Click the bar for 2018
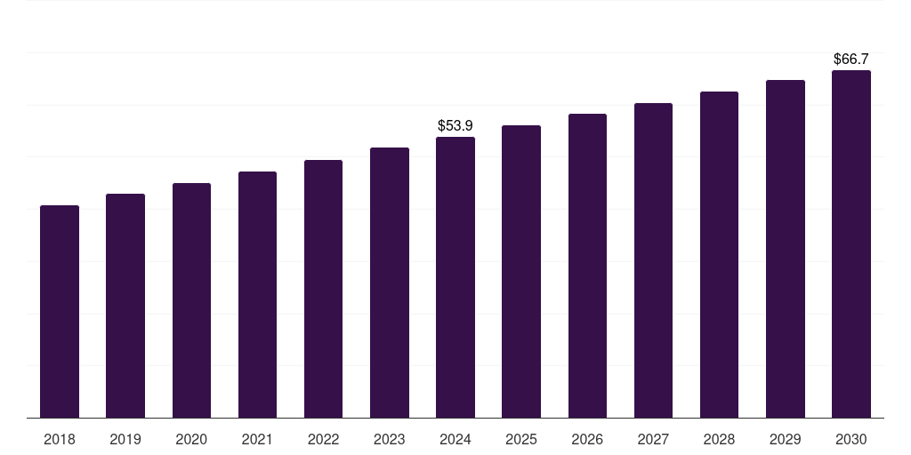tap(60, 311)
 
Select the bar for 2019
tap(125, 306)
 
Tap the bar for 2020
tap(191, 300)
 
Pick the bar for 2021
tap(257, 294)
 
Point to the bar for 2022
tap(323, 289)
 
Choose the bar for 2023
tap(390, 283)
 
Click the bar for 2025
tap(521, 271)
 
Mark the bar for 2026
tap(587, 266)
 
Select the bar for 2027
tap(653, 260)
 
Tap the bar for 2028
tap(719, 254)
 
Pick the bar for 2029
tap(786, 249)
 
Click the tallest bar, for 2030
tap(851, 243)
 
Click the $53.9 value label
tap(455, 126)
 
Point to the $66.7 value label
tap(851, 60)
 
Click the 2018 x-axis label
tap(60, 439)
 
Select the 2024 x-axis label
tap(455, 439)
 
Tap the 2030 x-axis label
tap(851, 439)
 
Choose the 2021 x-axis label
tap(257, 439)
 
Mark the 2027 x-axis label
tap(653, 439)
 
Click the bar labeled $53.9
tap(455, 277)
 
